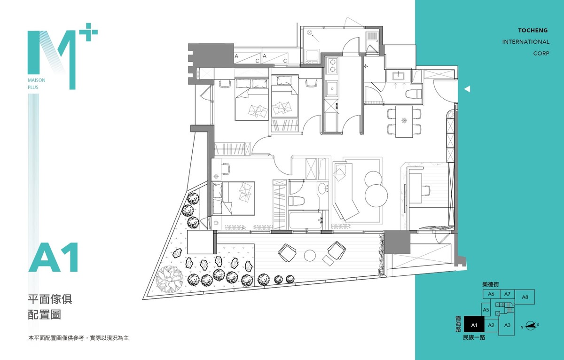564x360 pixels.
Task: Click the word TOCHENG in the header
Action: point(533,31)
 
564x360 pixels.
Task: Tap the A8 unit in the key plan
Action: point(525,297)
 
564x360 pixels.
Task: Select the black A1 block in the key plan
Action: point(474,325)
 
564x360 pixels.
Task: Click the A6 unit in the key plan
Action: point(491,294)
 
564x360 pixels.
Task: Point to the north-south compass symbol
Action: point(530,326)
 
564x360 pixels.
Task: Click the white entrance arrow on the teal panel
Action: point(467,89)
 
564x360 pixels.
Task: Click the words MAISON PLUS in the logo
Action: point(37,84)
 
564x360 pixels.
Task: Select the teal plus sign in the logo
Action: point(88,32)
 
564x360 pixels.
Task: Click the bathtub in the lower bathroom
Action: point(305,220)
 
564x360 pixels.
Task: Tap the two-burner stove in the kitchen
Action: point(332,65)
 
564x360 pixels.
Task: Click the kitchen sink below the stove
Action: point(332,89)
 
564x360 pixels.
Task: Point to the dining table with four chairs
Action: point(404,122)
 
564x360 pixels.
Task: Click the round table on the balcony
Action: point(310,256)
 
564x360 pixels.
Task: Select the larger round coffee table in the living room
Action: point(376,196)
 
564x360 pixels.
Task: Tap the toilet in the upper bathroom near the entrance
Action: point(414,94)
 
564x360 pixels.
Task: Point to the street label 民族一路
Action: point(474,337)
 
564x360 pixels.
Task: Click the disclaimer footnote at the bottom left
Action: point(78,338)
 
